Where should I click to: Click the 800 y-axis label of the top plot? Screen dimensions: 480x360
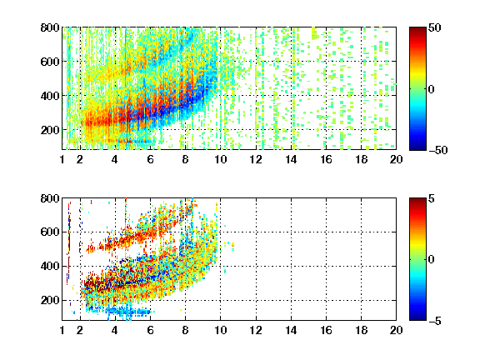click(50, 27)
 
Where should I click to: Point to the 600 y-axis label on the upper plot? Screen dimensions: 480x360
click(50, 62)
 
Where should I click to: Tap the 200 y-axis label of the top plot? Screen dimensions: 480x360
click(50, 130)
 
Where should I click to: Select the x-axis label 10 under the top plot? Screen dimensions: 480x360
click(220, 159)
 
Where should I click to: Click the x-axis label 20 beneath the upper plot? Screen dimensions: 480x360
click(396, 159)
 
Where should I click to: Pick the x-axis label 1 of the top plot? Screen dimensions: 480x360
click(62, 159)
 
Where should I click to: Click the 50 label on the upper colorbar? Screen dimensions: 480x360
click(435, 27)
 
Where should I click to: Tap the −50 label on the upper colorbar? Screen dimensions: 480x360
click(438, 150)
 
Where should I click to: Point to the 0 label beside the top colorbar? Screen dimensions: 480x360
click(432, 89)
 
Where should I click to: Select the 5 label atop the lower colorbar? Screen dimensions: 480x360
click(432, 198)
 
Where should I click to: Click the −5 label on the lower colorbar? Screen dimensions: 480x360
click(435, 321)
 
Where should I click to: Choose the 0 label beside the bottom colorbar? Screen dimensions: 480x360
click(432, 260)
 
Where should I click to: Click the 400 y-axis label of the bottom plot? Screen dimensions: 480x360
click(50, 266)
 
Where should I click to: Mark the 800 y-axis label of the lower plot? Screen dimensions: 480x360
click(50, 198)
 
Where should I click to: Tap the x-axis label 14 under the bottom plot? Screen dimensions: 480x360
click(291, 330)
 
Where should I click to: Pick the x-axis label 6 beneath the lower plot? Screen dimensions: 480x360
click(150, 330)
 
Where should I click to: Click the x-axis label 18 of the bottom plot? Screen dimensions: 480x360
click(361, 330)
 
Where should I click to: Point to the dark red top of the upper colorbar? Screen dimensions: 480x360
click(417, 30)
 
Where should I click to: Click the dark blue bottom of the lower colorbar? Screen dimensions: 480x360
click(417, 317)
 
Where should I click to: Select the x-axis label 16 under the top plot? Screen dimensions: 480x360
click(326, 159)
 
